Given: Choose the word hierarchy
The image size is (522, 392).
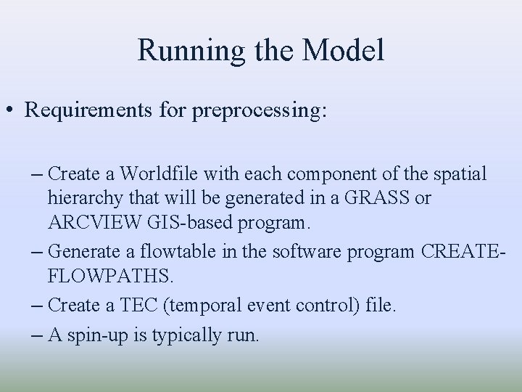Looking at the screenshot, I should click(x=80, y=198).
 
